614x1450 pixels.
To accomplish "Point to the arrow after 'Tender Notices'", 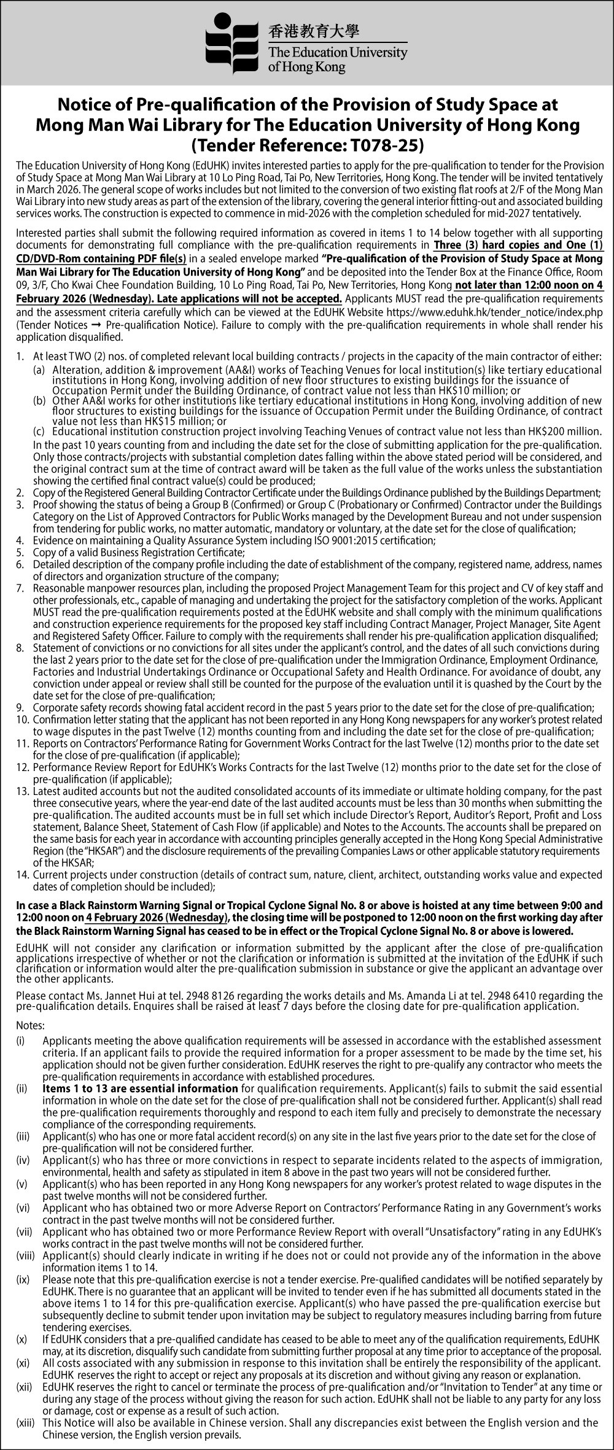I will click(x=96, y=324).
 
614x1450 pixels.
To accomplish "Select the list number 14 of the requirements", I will click(x=21, y=874).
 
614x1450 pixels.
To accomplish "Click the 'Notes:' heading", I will click(x=30, y=1025).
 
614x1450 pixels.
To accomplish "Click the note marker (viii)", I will click(x=25, y=1254).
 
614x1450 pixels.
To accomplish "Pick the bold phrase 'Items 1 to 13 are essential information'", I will click(x=140, y=1088).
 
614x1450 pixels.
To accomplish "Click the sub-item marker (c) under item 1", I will click(x=39, y=432).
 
